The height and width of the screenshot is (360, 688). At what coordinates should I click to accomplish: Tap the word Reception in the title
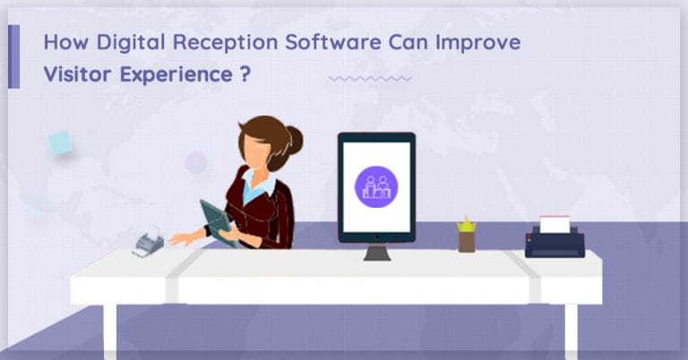(209, 43)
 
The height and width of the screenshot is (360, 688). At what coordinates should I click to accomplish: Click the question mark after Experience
(245, 74)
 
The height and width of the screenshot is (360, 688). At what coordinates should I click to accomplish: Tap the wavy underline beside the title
(370, 79)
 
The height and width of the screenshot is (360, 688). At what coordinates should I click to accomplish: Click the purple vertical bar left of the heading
(13, 56)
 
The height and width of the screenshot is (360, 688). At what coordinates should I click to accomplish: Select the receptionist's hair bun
(292, 139)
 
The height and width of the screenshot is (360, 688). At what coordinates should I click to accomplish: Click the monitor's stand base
(377, 255)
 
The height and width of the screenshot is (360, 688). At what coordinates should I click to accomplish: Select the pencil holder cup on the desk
(467, 241)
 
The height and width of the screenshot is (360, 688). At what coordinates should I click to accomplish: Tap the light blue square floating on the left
(60, 142)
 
